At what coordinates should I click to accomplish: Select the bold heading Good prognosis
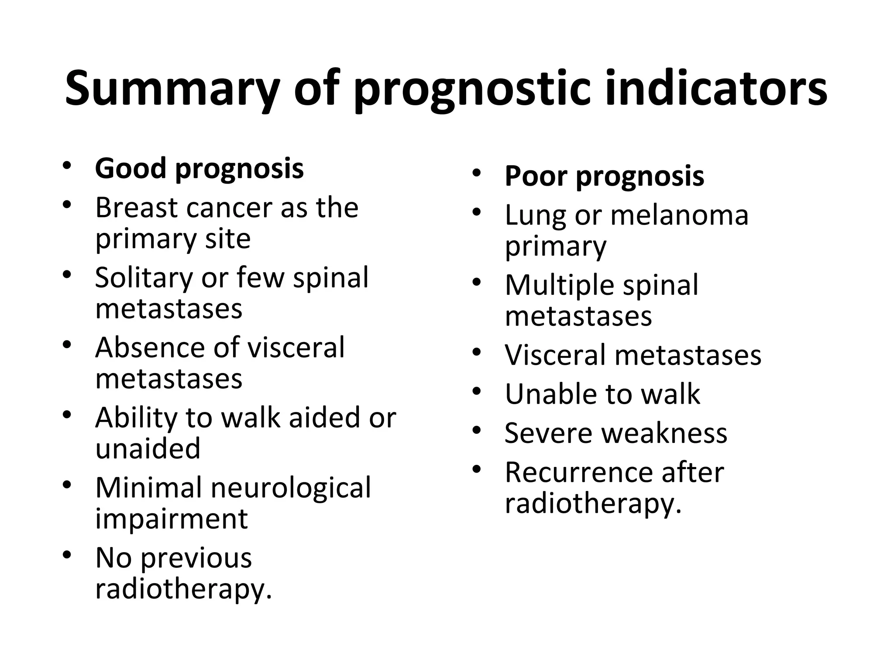[x=199, y=168]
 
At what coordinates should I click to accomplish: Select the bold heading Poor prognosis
[x=604, y=176]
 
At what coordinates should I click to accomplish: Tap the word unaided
[x=148, y=449]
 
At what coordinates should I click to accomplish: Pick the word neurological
[x=291, y=488]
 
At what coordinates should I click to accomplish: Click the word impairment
[x=172, y=519]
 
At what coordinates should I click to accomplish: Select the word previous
[x=196, y=558]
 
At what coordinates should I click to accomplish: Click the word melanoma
[x=679, y=215]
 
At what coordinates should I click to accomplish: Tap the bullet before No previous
[x=66, y=555]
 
